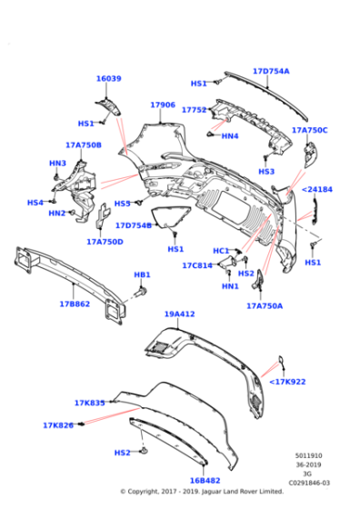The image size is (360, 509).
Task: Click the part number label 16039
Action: point(108,79)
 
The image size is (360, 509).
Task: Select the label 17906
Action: point(162,105)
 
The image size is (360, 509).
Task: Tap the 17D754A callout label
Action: point(271,71)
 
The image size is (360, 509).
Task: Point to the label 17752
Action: point(194,110)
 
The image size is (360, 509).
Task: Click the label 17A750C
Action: point(309,130)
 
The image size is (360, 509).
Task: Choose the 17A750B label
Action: point(83,145)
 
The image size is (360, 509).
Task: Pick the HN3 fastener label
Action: point(57,164)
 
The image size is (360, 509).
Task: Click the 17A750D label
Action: point(105,242)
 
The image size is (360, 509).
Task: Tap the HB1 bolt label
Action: point(142,274)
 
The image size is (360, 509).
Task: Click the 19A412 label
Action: point(179,314)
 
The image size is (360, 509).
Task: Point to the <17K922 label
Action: point(287,382)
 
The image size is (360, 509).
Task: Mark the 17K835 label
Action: point(89,403)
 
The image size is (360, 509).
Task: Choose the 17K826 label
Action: point(57,424)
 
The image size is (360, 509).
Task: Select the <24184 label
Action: point(317,190)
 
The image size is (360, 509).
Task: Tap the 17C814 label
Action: point(195,266)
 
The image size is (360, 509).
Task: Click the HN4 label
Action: point(229,136)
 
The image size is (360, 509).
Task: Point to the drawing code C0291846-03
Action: point(306,483)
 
